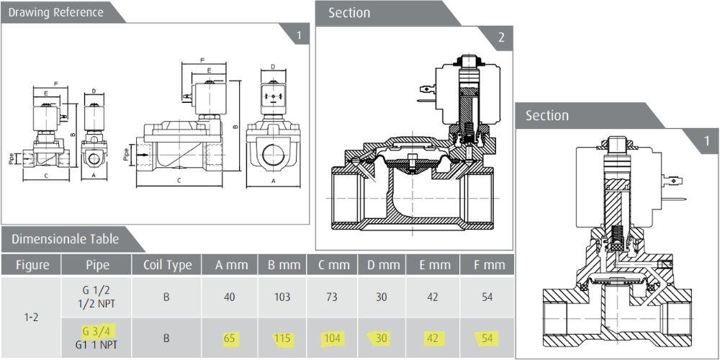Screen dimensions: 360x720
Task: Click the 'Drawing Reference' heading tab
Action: [x=56, y=12]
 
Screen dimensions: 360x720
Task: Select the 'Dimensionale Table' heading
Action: [x=66, y=238]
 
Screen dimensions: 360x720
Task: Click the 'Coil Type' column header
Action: [x=167, y=265]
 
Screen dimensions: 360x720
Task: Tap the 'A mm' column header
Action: [x=232, y=265]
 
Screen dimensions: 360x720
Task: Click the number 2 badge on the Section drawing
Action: [x=501, y=38]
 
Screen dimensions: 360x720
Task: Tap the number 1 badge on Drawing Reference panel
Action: [x=299, y=34]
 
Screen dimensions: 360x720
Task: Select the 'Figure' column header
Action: [x=33, y=265]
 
